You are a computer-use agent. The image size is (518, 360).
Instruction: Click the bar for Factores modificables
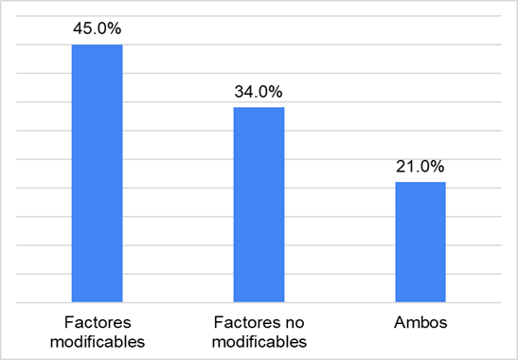pyautogui.click(x=98, y=173)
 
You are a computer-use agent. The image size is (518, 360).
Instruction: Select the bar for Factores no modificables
pyautogui.click(x=259, y=205)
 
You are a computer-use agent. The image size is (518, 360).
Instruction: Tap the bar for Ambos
pyautogui.click(x=420, y=242)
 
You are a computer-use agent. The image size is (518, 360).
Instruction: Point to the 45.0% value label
pyautogui.click(x=98, y=28)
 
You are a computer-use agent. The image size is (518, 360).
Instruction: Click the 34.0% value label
pyautogui.click(x=259, y=92)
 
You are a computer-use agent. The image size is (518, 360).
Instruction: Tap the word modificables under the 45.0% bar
pyautogui.click(x=98, y=341)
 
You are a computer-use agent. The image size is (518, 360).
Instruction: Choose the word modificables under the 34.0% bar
pyautogui.click(x=259, y=341)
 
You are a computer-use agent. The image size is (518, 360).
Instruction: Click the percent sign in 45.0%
pyautogui.click(x=116, y=28)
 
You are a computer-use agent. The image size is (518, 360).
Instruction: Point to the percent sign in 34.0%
pyautogui.click(x=277, y=92)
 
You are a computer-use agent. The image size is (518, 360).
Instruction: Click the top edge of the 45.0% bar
pyautogui.click(x=98, y=45)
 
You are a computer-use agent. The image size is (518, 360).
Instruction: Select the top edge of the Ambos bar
pyautogui.click(x=420, y=182)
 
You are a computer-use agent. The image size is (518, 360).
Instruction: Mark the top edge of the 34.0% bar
pyautogui.click(x=259, y=108)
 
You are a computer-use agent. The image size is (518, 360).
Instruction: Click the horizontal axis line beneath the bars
pyautogui.click(x=259, y=303)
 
